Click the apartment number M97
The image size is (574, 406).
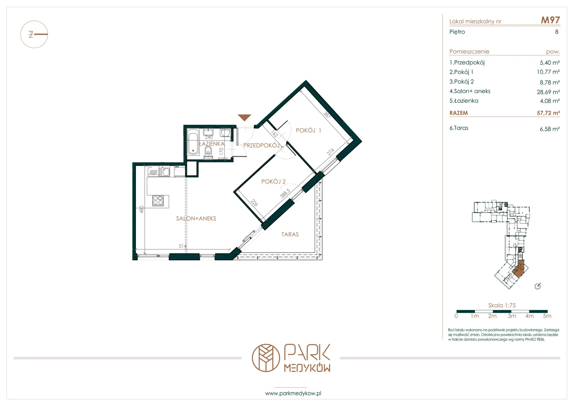coord(550,20)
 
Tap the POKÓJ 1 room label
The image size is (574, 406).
coord(308,130)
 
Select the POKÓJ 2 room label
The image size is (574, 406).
coord(273,182)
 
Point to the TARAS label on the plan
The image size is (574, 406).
coord(290,234)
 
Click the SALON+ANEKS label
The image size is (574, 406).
coord(196,218)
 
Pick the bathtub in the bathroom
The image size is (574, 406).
coord(193,142)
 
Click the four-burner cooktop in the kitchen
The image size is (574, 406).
coord(158,201)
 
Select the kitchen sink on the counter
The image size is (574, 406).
coord(164,171)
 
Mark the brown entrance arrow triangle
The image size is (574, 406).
coord(244,117)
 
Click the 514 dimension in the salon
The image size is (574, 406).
coord(182,246)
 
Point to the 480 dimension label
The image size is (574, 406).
coord(141,209)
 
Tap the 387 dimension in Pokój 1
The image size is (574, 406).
coord(327,114)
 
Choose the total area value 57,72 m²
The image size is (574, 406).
coord(548,113)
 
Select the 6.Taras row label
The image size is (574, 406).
coord(459,128)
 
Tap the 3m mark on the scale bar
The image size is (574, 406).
coord(512,316)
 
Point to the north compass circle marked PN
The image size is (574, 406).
coord(34,34)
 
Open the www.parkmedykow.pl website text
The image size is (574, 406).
coord(293,393)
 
